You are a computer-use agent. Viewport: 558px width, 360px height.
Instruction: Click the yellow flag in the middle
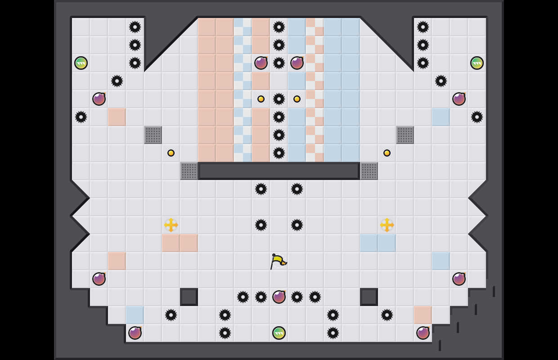(x=278, y=261)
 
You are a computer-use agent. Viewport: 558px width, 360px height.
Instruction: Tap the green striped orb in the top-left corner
(x=81, y=63)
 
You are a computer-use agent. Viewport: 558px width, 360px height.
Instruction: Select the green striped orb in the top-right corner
(x=477, y=63)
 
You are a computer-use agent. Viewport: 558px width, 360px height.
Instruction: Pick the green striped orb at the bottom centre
(x=279, y=333)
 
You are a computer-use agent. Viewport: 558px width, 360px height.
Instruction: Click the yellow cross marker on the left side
(x=171, y=225)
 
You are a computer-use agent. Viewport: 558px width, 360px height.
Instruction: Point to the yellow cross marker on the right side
(x=387, y=225)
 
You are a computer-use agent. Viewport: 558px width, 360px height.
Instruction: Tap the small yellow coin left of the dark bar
(x=171, y=153)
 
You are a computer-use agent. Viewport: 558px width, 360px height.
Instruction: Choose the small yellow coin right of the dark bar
(x=387, y=153)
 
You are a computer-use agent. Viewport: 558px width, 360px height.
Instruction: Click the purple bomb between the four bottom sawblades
(x=279, y=297)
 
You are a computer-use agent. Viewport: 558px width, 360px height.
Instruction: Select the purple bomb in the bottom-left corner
(x=135, y=333)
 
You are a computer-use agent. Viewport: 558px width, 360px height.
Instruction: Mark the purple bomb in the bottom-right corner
(x=423, y=333)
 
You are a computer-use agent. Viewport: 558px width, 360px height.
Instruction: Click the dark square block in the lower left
(x=189, y=297)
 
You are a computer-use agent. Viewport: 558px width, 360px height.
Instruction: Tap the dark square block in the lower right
(x=369, y=297)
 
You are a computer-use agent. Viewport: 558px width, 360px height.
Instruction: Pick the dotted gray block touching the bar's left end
(x=189, y=171)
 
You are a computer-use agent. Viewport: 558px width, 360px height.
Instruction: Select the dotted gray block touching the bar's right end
(x=369, y=171)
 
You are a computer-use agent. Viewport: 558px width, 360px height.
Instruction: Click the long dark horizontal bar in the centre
(x=279, y=171)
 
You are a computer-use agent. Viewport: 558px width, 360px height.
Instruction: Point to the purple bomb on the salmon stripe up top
(x=261, y=63)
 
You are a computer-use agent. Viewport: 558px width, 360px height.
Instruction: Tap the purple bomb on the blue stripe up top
(x=297, y=63)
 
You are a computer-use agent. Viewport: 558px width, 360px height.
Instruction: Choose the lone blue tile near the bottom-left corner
(x=135, y=315)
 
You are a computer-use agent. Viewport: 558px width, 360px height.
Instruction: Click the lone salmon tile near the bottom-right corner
(x=423, y=315)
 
